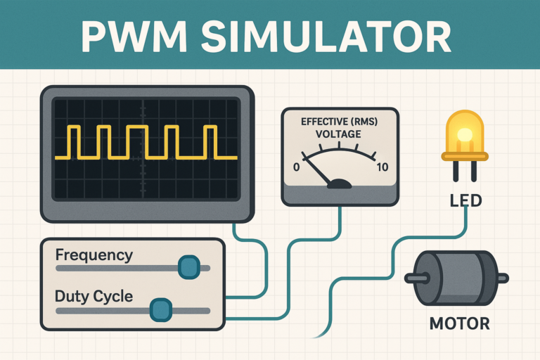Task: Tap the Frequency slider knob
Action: click(x=188, y=267)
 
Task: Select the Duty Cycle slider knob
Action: click(x=161, y=309)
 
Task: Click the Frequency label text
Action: click(x=94, y=255)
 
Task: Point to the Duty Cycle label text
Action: click(x=94, y=296)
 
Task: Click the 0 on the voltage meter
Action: click(x=296, y=167)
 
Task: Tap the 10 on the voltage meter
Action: click(x=382, y=167)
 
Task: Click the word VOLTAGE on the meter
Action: click(x=339, y=134)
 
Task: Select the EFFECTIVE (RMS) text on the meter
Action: click(x=339, y=122)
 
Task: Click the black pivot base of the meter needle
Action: click(x=340, y=185)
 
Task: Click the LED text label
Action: click(x=465, y=201)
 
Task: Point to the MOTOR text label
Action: click(x=459, y=325)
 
